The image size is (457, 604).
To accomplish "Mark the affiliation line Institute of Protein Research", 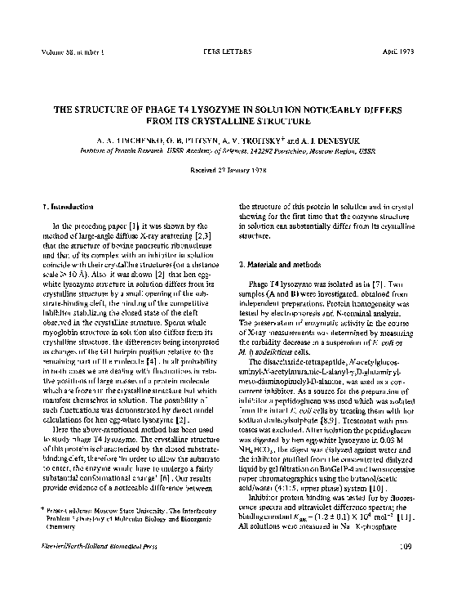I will [x=130, y=150].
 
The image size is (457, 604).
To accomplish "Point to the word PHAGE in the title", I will [x=133, y=107].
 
